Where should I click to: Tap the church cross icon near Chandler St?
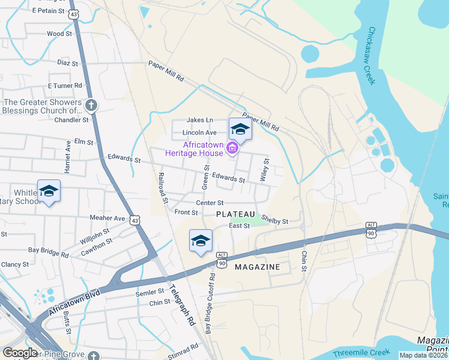91,106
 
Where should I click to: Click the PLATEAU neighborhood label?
236,214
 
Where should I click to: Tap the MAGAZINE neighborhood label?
257,266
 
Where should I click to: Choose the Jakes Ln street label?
200,120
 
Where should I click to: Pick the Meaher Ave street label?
107,218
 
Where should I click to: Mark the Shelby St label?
275,221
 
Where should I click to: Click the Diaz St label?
68,62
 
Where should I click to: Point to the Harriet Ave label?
68,154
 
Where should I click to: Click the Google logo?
20,353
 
